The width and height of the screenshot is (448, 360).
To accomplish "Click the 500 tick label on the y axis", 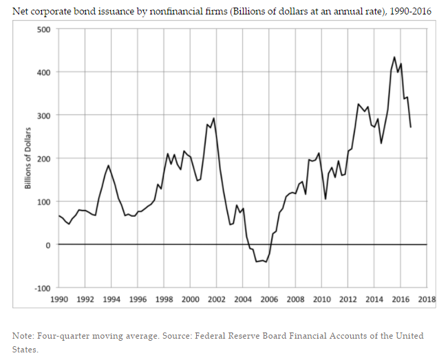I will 43,30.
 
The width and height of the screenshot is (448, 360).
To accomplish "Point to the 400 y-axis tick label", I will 43,72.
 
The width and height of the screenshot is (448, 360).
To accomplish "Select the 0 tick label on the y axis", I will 47,245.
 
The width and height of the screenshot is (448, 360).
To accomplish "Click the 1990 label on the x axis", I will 58,299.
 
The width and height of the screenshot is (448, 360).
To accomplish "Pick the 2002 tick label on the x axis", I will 217,299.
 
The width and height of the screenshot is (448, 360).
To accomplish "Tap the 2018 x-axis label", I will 427,299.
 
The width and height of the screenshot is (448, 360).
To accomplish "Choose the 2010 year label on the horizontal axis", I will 322,299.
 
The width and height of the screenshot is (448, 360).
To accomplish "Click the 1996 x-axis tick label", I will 138,299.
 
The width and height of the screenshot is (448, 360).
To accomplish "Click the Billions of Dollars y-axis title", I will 29,158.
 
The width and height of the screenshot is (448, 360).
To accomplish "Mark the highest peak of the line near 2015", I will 394,57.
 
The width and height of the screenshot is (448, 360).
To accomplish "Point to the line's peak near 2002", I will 214,118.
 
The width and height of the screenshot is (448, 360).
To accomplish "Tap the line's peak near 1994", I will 109,165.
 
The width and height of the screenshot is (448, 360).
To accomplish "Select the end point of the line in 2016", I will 411,127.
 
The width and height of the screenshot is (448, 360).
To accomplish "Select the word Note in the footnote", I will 23,335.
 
